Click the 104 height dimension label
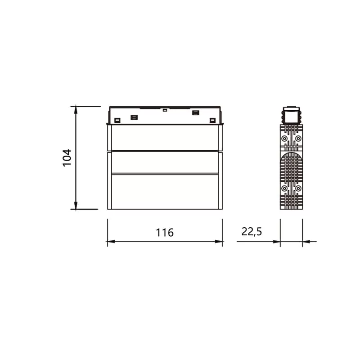(67, 158)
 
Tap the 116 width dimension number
(165, 233)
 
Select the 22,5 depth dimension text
(252, 232)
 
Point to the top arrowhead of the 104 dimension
(76, 109)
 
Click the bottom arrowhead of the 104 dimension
(76, 206)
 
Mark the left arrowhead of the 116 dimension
(111, 242)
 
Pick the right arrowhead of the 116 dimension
(219, 242)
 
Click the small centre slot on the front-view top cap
(165, 110)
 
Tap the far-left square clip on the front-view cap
(117, 120)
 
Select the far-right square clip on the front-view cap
(213, 120)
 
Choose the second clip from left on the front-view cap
(134, 117)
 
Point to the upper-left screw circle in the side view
(284, 139)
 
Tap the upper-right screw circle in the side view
(298, 139)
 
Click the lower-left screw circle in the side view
(284, 188)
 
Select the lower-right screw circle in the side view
(298, 188)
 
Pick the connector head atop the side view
(291, 115)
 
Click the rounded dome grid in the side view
(291, 166)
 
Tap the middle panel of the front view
(165, 162)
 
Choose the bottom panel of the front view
(165, 191)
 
